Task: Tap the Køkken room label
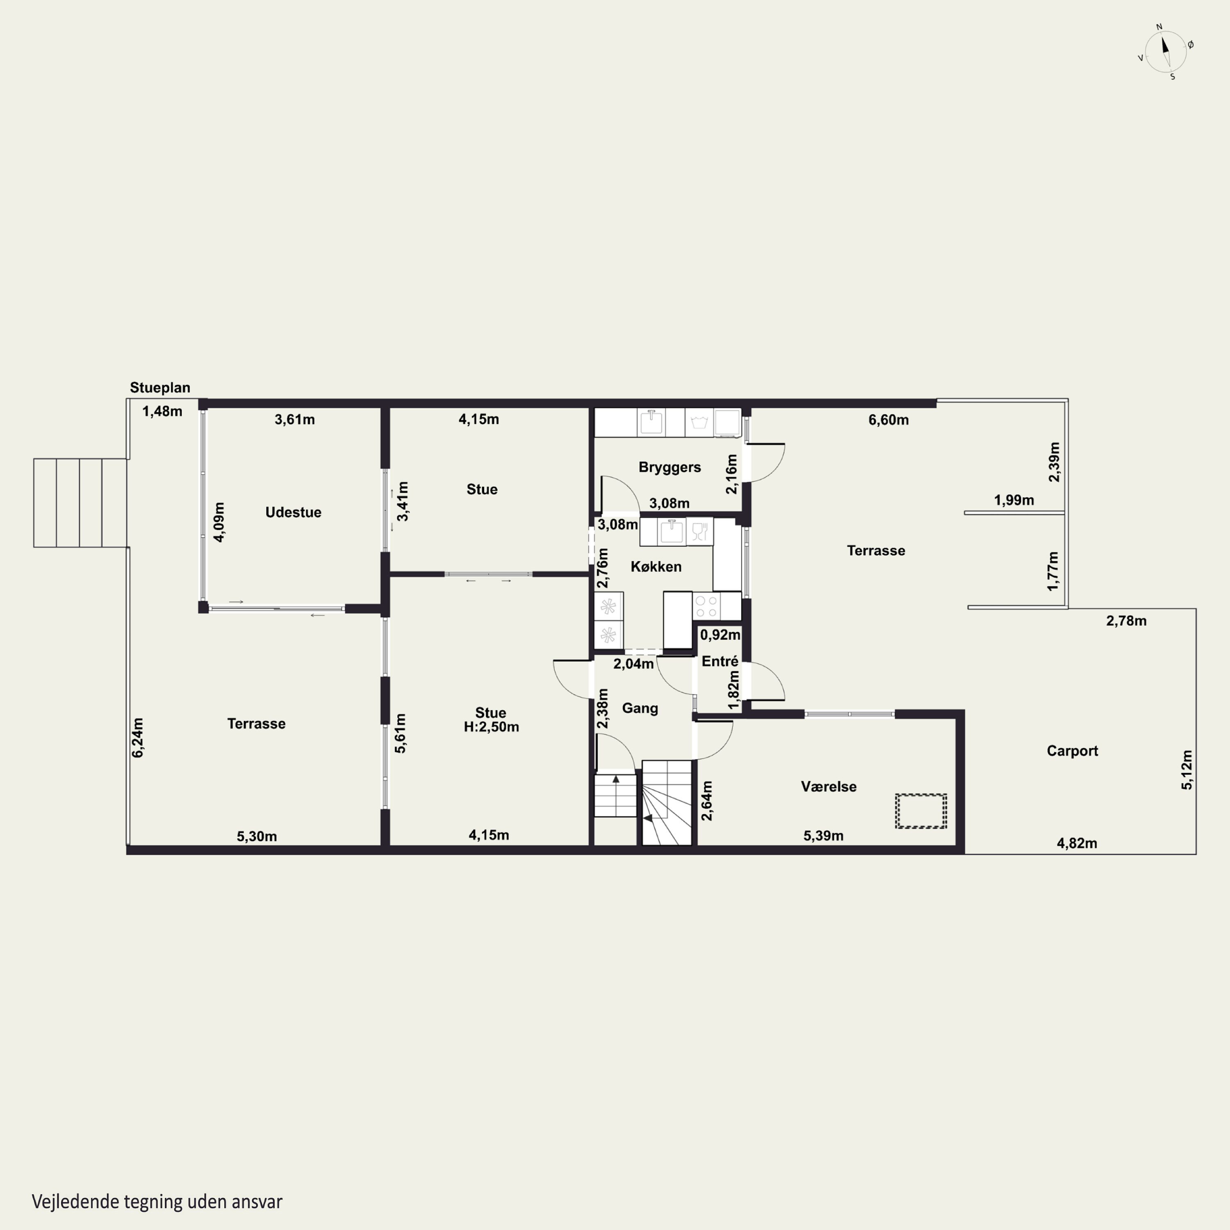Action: [x=656, y=567]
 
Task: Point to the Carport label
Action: [x=1072, y=751]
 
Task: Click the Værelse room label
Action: [x=828, y=787]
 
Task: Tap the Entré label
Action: [x=720, y=661]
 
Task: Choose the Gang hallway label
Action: [x=640, y=708]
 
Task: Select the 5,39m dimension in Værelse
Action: [x=823, y=836]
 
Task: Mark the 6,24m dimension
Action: [x=137, y=738]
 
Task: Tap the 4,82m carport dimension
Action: [x=1077, y=843]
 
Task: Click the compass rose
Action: [x=1166, y=52]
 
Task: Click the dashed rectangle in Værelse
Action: [x=920, y=811]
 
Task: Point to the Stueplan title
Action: [x=160, y=388]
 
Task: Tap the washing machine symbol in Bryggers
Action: [x=699, y=423]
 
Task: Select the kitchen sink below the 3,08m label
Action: [x=672, y=532]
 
